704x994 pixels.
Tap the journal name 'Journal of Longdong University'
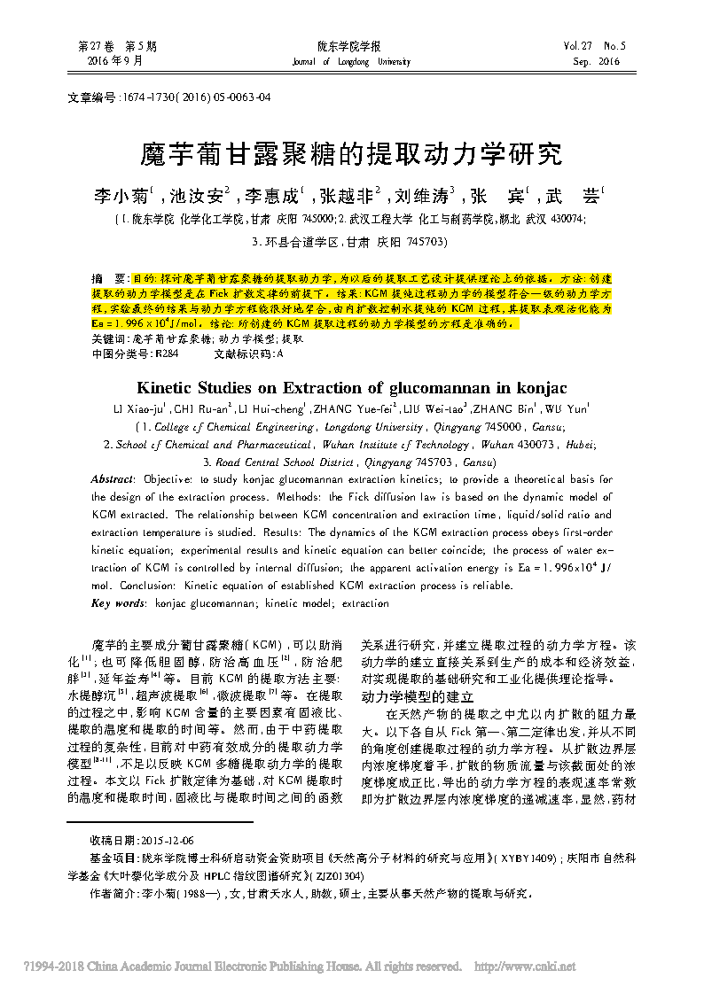351,62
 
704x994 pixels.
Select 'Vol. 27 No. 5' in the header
594,45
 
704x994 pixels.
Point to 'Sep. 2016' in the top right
596,62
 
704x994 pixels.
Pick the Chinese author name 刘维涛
420,194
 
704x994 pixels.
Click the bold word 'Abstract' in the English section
113,478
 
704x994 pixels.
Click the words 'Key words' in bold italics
118,603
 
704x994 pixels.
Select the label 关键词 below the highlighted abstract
109,338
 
